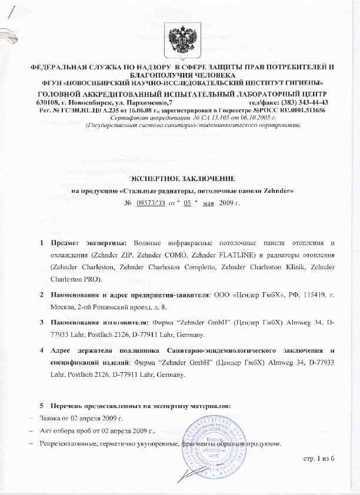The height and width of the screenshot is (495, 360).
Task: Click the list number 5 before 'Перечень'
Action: click(x=41, y=407)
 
